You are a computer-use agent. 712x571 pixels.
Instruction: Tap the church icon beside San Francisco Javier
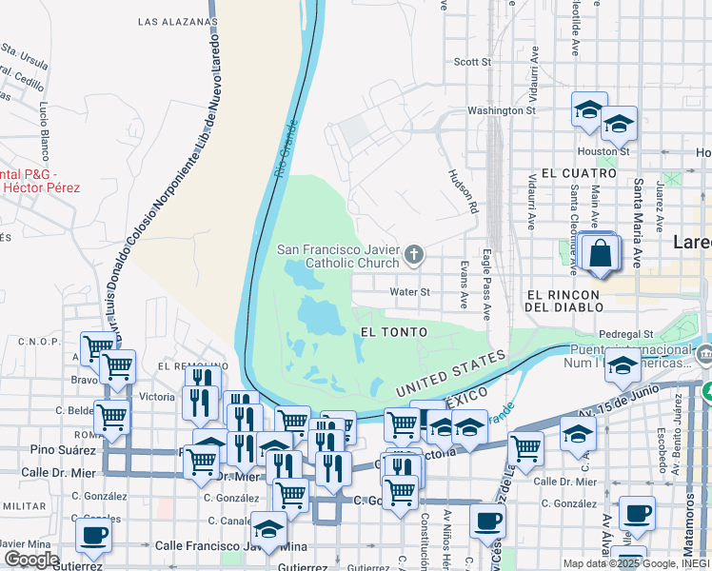413,254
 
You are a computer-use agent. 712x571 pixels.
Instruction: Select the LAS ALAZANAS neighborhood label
177,20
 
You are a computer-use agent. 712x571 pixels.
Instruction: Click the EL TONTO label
394,331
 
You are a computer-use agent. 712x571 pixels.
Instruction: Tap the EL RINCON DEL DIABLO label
564,300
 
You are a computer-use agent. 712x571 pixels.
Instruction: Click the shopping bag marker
600,254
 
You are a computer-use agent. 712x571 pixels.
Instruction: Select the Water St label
409,292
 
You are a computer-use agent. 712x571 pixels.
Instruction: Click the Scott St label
472,62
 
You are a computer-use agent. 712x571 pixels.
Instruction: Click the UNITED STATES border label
448,373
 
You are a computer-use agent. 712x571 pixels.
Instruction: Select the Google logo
31,560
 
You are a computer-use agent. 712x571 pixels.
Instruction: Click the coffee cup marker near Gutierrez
93,537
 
